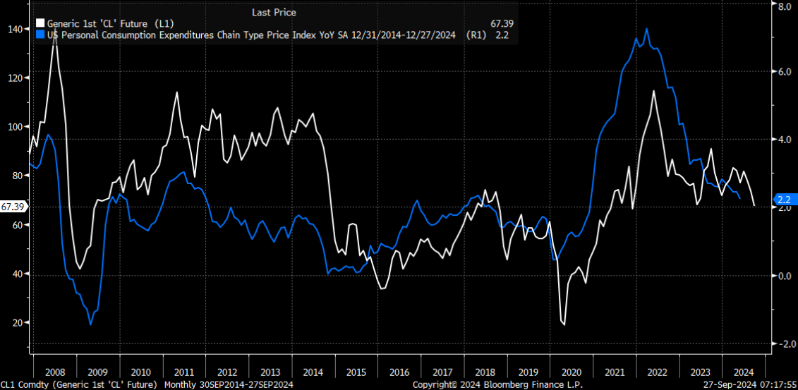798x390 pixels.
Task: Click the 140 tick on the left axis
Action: click(x=15, y=29)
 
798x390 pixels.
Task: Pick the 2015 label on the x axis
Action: click(x=356, y=371)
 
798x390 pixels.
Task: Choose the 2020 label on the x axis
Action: click(x=572, y=371)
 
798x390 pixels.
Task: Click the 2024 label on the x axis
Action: click(x=744, y=371)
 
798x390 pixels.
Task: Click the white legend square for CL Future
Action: click(x=41, y=24)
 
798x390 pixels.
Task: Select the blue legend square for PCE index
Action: click(x=41, y=34)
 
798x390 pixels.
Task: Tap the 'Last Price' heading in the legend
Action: click(x=274, y=12)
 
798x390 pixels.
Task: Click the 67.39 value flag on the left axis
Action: click(x=13, y=207)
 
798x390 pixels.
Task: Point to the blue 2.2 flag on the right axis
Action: click(x=783, y=200)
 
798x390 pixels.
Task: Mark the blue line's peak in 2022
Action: click(x=647, y=29)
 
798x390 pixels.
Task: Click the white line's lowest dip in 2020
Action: click(x=564, y=324)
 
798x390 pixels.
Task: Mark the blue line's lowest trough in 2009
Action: click(x=90, y=324)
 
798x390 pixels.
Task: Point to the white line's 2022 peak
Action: click(x=654, y=91)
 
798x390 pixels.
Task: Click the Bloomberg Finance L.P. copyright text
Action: click(x=488, y=384)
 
